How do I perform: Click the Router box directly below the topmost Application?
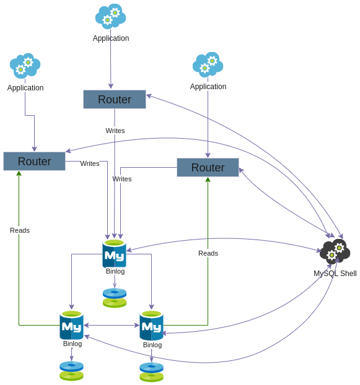115,100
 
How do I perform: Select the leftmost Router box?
34,162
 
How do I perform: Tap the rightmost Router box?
208,168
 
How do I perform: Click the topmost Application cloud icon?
110,17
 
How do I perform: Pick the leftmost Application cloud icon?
25,66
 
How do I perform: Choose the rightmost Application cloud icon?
208,64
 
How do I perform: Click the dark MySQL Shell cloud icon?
335,252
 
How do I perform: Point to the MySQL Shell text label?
335,274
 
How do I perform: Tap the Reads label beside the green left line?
20,230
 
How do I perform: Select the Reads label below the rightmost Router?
208,253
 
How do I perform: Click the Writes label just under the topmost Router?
115,131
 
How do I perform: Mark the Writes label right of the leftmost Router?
90,163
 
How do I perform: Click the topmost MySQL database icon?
115,253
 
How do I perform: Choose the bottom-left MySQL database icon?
71,325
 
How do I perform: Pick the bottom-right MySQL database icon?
151,326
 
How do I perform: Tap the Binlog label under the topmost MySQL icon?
115,271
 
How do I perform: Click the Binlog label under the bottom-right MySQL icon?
152,345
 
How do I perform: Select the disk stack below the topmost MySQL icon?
115,298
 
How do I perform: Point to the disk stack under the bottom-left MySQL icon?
71,371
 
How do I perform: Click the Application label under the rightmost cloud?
208,87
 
